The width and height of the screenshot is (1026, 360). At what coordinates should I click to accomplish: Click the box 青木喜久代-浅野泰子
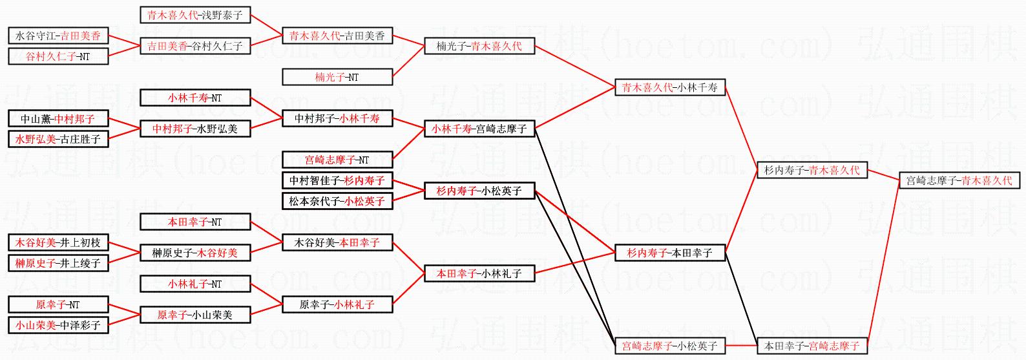195,15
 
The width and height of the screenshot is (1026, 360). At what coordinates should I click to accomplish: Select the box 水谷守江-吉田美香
58,36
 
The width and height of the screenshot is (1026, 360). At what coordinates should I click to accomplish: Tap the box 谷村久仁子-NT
58,56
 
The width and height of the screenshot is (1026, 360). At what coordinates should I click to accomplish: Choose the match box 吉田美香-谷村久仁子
195,46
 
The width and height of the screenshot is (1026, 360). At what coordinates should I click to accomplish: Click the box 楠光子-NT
337,77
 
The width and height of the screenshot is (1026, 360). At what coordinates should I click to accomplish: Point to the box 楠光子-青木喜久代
479,46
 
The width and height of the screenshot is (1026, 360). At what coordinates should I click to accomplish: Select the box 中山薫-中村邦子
58,119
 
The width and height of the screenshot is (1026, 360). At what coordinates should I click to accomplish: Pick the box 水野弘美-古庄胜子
58,139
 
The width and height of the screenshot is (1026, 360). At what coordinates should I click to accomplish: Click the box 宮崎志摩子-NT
337,160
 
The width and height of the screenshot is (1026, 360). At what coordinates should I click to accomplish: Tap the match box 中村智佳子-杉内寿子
337,180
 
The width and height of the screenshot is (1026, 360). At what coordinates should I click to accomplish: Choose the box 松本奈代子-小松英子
337,201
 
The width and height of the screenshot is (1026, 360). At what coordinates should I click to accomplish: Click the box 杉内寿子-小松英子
479,191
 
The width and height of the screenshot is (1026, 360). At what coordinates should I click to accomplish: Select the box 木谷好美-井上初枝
58,243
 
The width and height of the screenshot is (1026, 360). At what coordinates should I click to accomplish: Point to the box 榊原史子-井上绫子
58,263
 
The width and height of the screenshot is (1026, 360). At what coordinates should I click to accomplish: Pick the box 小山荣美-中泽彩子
58,325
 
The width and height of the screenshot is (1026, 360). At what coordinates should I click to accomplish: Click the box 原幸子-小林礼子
337,304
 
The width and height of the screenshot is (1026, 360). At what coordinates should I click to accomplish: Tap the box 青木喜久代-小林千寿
670,87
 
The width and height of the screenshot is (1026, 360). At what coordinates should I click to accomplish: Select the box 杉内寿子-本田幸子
670,253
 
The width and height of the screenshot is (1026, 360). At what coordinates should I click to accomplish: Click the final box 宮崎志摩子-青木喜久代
959,180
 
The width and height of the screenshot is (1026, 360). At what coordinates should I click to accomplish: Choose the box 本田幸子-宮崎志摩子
812,346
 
